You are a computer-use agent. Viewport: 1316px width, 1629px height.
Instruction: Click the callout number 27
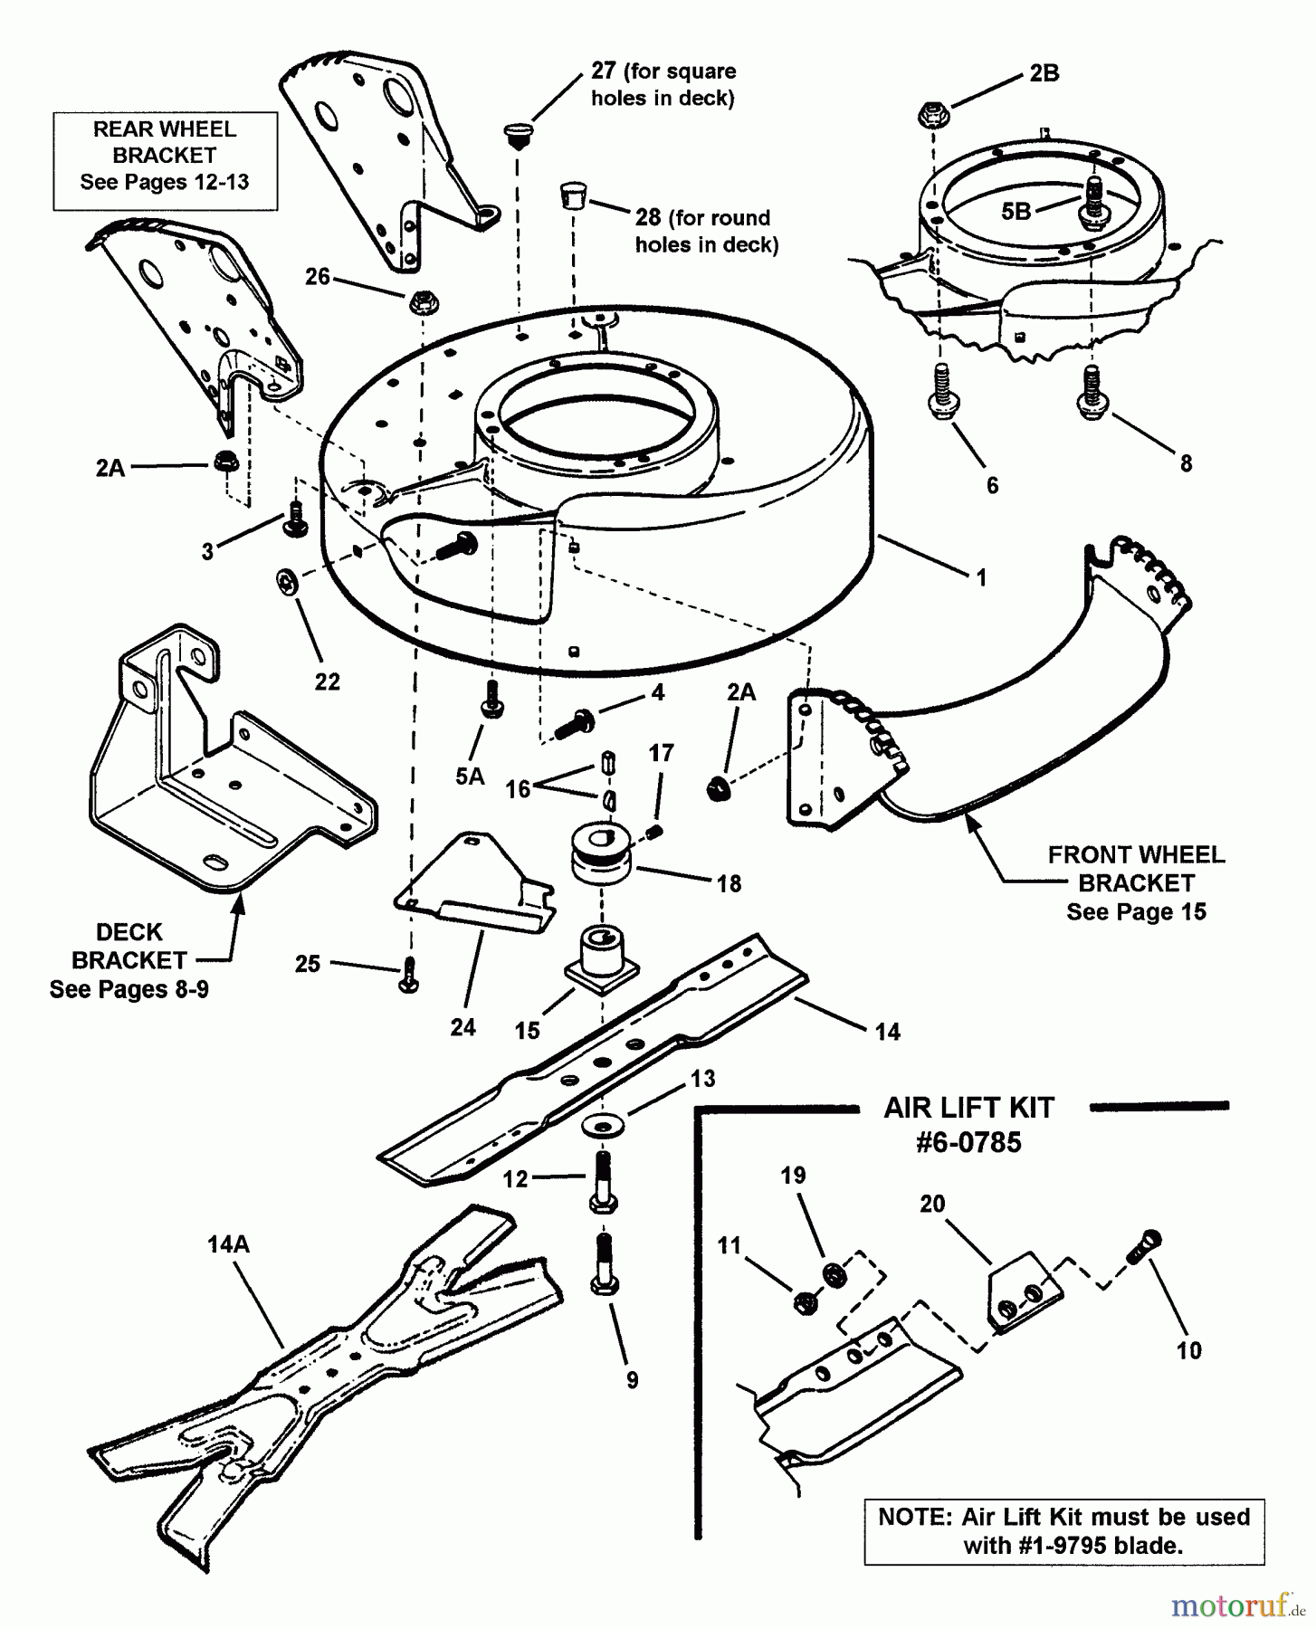[604, 71]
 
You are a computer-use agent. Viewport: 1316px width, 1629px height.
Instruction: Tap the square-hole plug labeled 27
[517, 136]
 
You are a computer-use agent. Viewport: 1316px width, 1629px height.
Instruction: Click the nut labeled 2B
[930, 115]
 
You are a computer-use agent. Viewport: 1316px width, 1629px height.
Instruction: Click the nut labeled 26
[420, 301]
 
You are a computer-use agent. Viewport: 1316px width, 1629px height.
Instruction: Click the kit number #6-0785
[968, 1142]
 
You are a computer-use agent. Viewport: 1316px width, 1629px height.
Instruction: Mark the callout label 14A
[228, 1244]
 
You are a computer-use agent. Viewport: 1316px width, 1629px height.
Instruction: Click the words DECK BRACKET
[129, 946]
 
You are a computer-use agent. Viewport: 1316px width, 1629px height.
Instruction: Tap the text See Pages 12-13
[164, 182]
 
